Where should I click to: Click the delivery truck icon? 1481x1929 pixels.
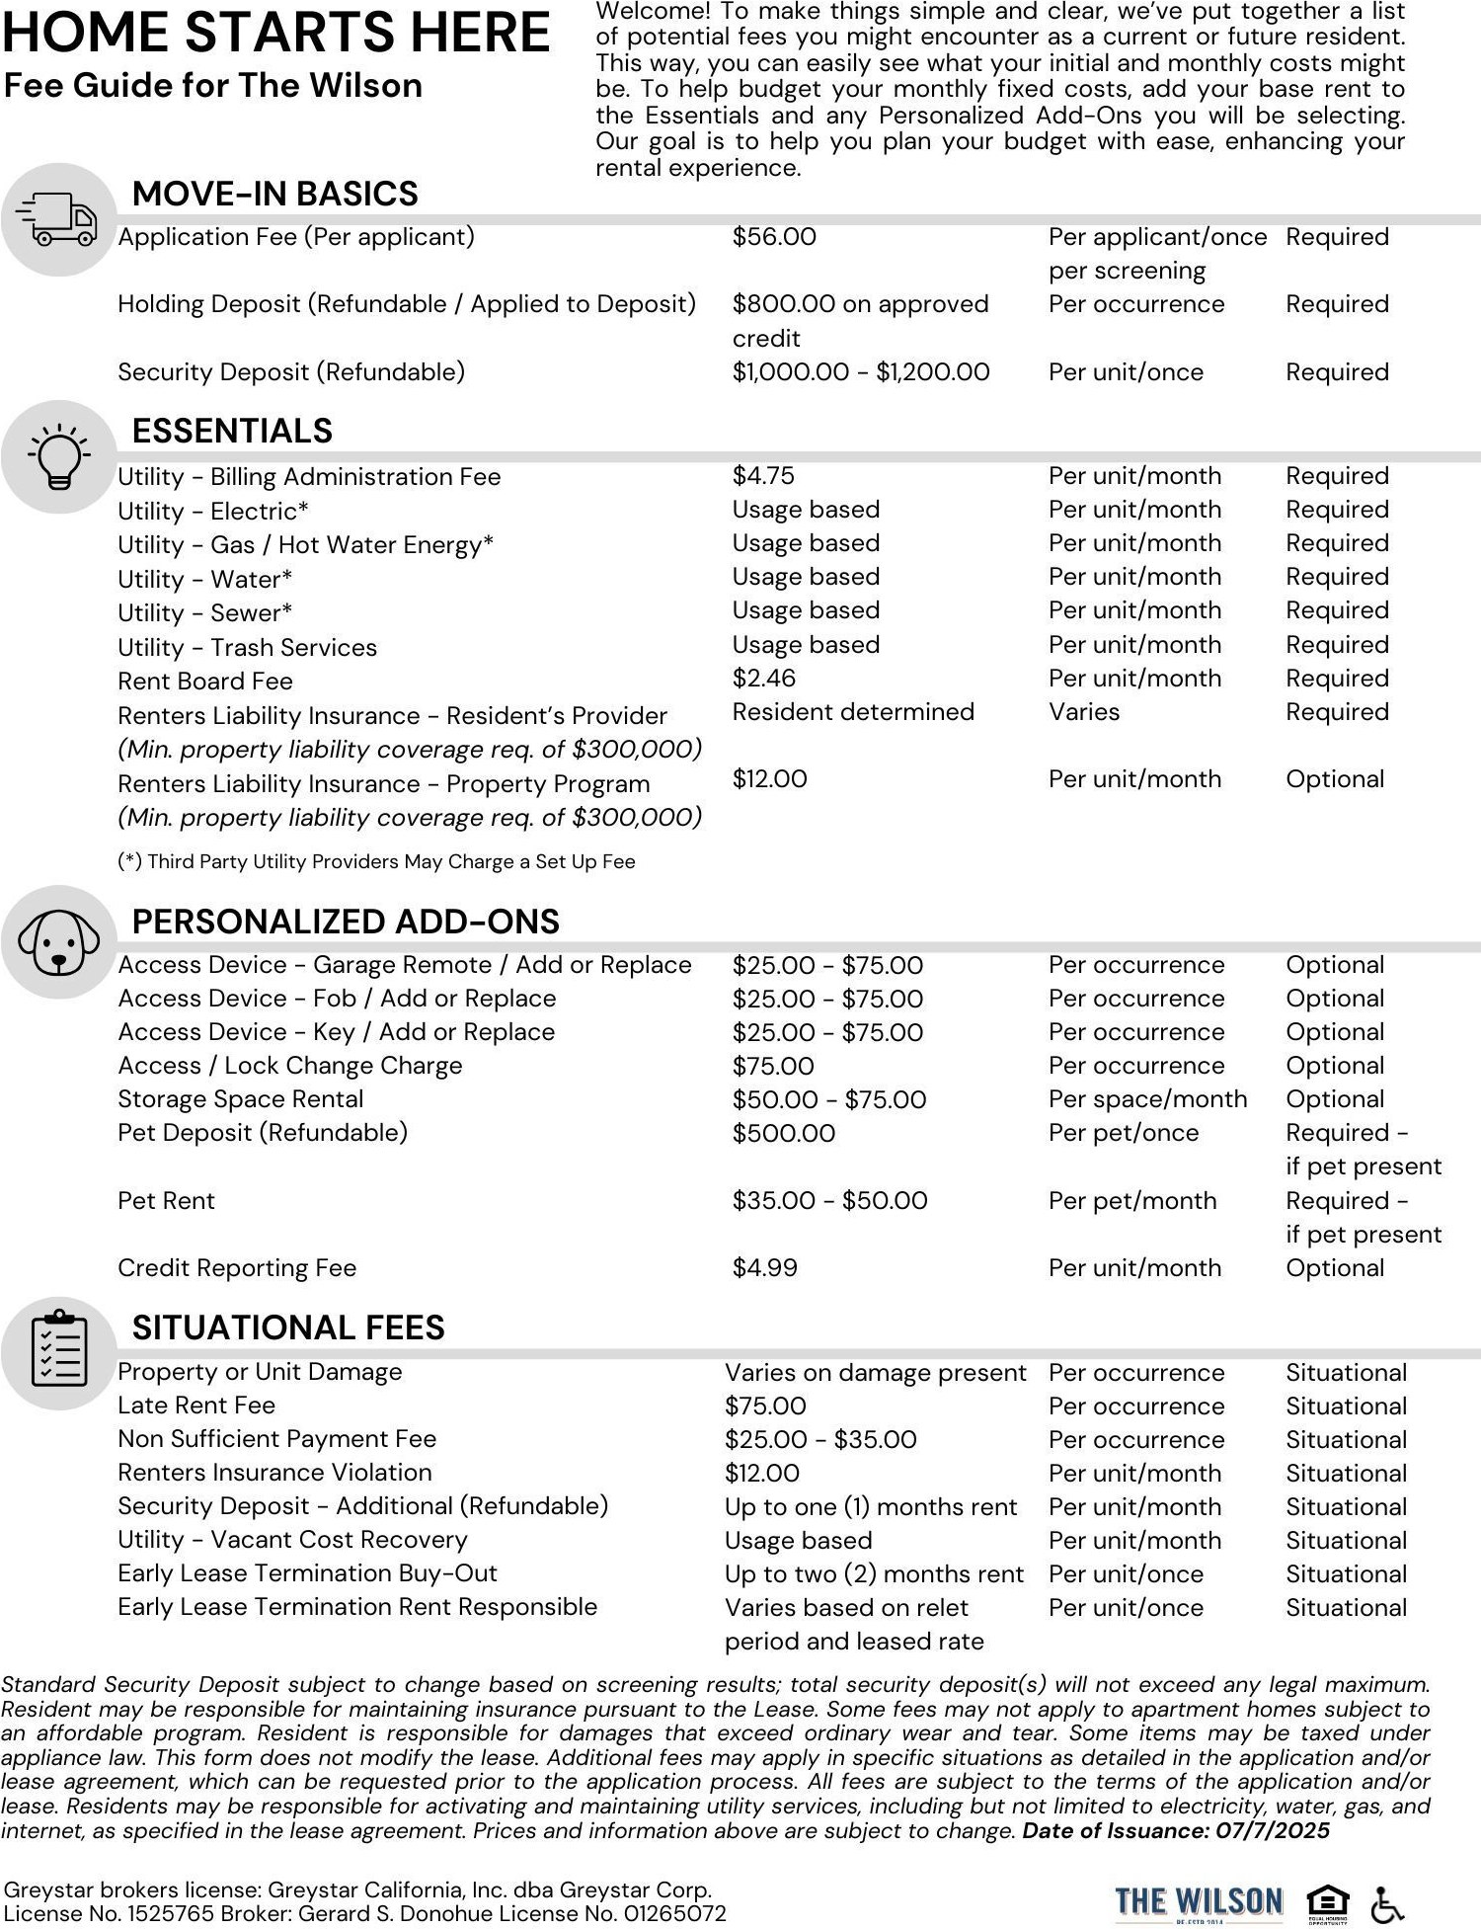tap(59, 219)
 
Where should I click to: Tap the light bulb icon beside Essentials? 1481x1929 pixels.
tap(59, 456)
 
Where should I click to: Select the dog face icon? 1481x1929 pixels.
tap(59, 941)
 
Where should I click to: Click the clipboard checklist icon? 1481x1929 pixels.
tap(59, 1350)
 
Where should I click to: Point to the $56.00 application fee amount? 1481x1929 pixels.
tap(774, 237)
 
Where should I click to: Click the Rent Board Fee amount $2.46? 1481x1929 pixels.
tap(763, 679)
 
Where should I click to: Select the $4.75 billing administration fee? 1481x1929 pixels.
tap(763, 476)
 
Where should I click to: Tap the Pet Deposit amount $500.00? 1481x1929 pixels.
tap(783, 1133)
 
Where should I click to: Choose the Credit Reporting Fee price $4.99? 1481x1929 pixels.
tap(764, 1268)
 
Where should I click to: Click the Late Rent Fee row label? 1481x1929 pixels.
tap(196, 1406)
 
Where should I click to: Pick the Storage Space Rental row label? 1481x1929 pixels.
tap(240, 1099)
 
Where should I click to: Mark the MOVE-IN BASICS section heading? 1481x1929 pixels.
tap(274, 194)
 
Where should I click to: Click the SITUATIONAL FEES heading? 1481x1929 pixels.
tap(288, 1327)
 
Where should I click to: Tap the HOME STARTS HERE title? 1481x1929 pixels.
tap(276, 33)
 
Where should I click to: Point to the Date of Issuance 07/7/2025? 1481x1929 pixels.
tap(1176, 1831)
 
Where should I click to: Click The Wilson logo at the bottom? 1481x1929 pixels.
tap(1199, 1901)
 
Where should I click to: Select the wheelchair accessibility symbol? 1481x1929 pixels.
tap(1388, 1902)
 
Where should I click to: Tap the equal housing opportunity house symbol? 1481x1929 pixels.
tap(1328, 1901)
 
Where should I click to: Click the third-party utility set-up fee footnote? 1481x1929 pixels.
tap(376, 861)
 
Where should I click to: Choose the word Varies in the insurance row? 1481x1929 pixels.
tap(1084, 712)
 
